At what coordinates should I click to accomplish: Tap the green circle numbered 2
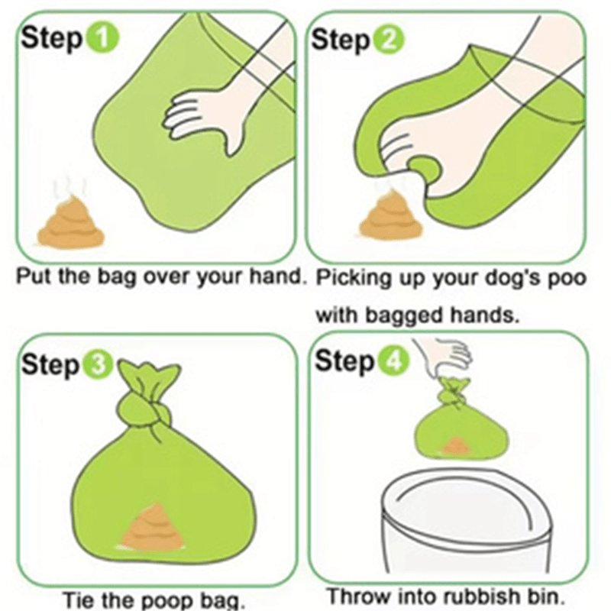(389, 40)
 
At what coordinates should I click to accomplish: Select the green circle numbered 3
(98, 366)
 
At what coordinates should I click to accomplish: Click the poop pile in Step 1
(71, 223)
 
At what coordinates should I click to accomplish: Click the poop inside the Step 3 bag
(153, 527)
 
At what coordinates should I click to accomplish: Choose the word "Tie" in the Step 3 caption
(79, 600)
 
